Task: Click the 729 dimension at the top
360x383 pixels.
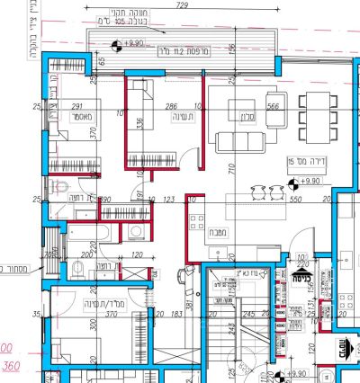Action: [x=183, y=6]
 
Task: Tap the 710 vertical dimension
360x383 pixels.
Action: [x=231, y=168]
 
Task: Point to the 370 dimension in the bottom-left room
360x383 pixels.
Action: [x=86, y=316]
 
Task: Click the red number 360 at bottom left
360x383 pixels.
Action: [x=13, y=367]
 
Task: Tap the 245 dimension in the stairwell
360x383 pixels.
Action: [x=248, y=314]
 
